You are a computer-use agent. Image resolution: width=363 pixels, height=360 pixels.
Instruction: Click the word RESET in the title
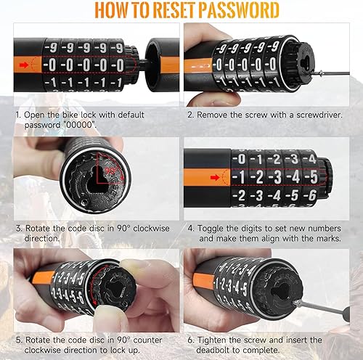[174, 10]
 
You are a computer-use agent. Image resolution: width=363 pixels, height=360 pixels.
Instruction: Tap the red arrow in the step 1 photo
[24, 65]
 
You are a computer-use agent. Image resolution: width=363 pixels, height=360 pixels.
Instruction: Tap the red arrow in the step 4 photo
[215, 178]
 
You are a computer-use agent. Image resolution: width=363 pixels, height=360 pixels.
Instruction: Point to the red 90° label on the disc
[110, 171]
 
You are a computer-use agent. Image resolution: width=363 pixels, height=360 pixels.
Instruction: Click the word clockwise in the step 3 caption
[151, 229]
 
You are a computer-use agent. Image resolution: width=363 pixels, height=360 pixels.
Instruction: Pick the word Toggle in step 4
[211, 229]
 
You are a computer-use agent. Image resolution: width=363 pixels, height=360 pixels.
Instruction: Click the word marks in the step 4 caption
[330, 239]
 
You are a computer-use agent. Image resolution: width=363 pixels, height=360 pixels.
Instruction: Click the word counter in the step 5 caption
[147, 340]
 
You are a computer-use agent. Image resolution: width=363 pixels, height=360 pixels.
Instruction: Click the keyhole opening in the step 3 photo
[97, 180]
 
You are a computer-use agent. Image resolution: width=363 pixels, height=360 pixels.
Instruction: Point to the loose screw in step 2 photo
[318, 73]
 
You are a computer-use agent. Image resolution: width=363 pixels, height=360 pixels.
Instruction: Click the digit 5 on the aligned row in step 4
[314, 177]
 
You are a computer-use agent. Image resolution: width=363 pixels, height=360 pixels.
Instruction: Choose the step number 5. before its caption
[19, 340]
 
